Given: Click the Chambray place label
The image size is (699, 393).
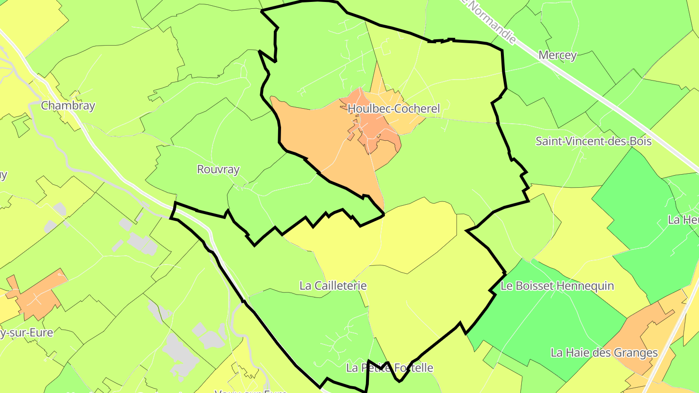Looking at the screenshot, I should (68, 106).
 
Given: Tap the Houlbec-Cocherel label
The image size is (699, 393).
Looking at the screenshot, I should (394, 109).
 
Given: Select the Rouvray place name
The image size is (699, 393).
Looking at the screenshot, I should (218, 169).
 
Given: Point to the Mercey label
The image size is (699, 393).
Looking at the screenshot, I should (558, 55).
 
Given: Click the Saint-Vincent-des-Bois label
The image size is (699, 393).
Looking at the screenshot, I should (593, 141).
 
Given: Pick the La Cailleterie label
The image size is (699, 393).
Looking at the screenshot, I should (333, 286).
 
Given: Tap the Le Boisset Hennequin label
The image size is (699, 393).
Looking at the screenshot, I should (557, 286).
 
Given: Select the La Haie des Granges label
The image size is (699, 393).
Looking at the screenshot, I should (604, 353).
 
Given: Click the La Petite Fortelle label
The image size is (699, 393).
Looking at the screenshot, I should (390, 368).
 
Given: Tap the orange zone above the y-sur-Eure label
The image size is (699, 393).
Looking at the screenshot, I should (39, 294).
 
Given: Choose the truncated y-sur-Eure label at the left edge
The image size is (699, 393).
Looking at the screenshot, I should (27, 333).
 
